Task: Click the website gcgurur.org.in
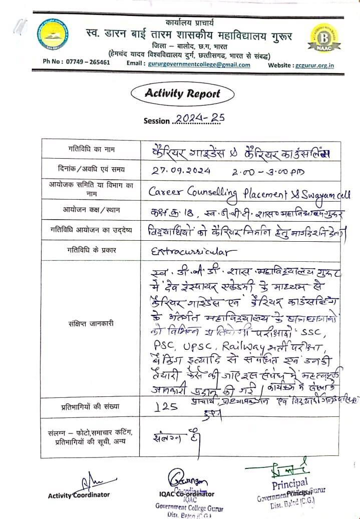tap(314, 65)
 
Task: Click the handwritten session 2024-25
tap(199, 118)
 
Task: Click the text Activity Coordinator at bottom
tap(79, 495)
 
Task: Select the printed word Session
tap(157, 121)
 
